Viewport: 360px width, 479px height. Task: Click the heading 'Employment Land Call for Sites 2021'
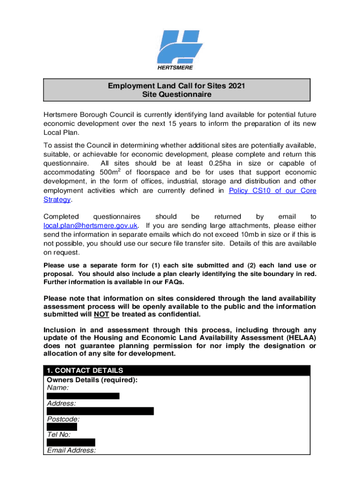pyautogui.click(x=177, y=86)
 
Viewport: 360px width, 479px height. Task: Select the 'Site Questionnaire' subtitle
pyautogui.click(x=177, y=95)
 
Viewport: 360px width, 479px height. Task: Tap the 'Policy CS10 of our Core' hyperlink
pyautogui.click(x=273, y=190)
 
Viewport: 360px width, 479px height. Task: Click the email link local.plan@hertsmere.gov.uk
pyautogui.click(x=90, y=225)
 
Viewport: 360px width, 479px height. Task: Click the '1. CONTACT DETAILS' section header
pyautogui.click(x=86, y=370)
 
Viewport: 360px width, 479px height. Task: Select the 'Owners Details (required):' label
pyautogui.click(x=92, y=380)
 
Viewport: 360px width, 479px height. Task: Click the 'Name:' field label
pyautogui.click(x=58, y=388)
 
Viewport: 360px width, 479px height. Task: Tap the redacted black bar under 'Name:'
pyautogui.click(x=83, y=396)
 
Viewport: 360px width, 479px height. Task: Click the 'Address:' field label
pyautogui.click(x=62, y=403)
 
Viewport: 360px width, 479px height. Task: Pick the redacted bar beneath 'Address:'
pyautogui.click(x=100, y=411)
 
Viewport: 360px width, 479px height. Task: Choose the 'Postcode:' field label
pyautogui.click(x=64, y=419)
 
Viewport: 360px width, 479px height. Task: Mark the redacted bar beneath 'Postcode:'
pyautogui.click(x=62, y=427)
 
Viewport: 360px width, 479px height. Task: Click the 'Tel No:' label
pyautogui.click(x=59, y=435)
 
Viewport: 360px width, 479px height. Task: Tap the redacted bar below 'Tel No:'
pyautogui.click(x=71, y=443)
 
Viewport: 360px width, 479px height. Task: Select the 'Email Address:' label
pyautogui.click(x=72, y=450)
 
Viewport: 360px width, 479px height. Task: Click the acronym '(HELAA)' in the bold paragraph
pyautogui.click(x=300, y=337)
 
